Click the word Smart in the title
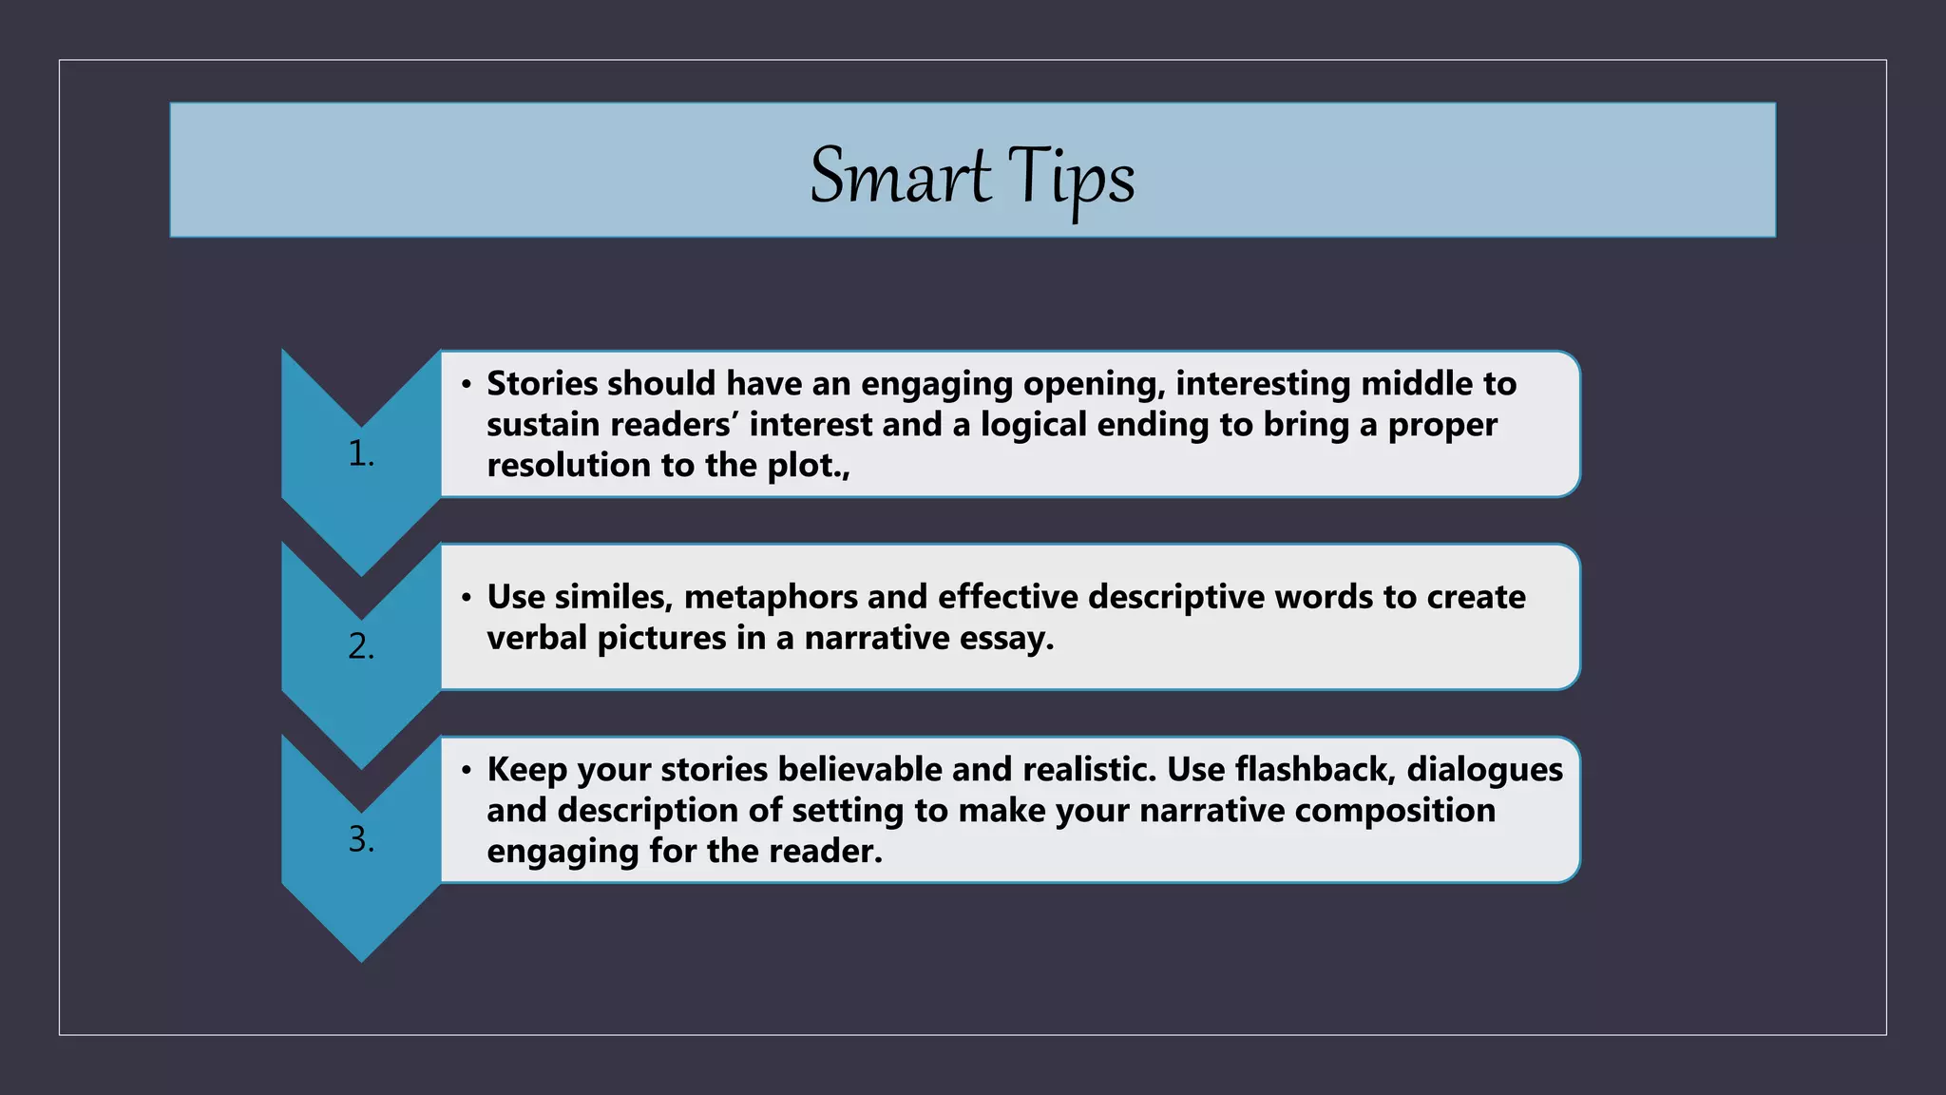pyautogui.click(x=899, y=176)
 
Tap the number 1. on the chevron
pyautogui.click(x=361, y=454)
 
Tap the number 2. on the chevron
pyautogui.click(x=361, y=647)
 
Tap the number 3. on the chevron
pyautogui.click(x=361, y=839)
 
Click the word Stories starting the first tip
pyautogui.click(x=542, y=383)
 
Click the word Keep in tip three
pyautogui.click(x=526, y=769)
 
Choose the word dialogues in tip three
pyautogui.click(x=1484, y=769)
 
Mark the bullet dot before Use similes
pyautogui.click(x=466, y=598)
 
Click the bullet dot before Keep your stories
pyautogui.click(x=466, y=770)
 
